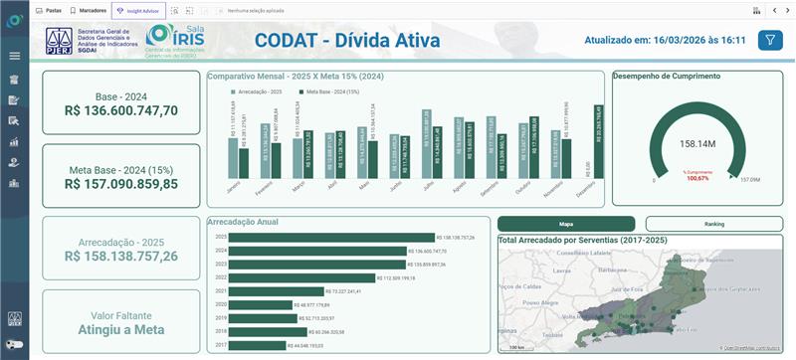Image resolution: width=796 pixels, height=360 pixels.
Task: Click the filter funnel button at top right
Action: [x=770, y=40]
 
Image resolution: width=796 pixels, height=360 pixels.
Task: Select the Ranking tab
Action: [x=713, y=225]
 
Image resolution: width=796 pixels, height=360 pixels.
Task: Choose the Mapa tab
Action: [x=565, y=225]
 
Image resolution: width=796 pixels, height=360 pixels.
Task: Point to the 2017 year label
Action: [x=222, y=344]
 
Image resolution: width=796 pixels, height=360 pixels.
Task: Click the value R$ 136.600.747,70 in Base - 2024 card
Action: [x=121, y=111]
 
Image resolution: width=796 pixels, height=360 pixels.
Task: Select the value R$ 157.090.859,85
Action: [x=121, y=184]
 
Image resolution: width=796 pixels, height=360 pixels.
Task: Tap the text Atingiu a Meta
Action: [x=121, y=329]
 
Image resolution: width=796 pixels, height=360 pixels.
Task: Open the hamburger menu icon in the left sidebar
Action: [x=14, y=56]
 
